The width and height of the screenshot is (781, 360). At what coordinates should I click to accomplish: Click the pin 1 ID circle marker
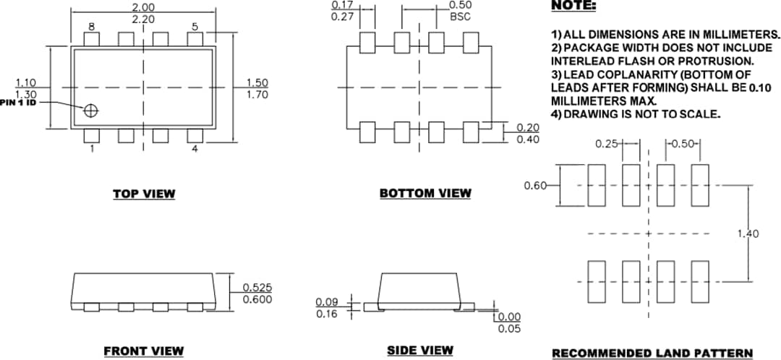91,111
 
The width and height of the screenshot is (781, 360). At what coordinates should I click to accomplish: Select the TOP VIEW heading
143,194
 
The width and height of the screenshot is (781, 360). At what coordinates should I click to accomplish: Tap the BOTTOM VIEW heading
425,193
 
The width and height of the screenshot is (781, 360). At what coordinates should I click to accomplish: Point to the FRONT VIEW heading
143,351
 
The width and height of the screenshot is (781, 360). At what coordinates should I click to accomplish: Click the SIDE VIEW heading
420,351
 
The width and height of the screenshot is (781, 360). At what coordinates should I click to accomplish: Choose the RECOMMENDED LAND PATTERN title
652,353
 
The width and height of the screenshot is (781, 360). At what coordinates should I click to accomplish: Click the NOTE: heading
573,6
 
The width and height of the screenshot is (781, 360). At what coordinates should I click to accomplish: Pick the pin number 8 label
92,27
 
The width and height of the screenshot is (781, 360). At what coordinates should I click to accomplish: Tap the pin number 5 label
195,27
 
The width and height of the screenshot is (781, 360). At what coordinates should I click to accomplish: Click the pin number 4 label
195,149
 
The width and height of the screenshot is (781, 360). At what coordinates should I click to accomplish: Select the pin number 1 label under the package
92,149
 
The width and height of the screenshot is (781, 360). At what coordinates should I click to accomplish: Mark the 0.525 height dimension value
257,288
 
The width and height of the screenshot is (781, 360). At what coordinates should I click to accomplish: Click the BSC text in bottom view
460,17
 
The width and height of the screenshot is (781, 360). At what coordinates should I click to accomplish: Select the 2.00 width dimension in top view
143,7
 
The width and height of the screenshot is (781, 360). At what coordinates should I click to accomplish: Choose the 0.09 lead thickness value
327,301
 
